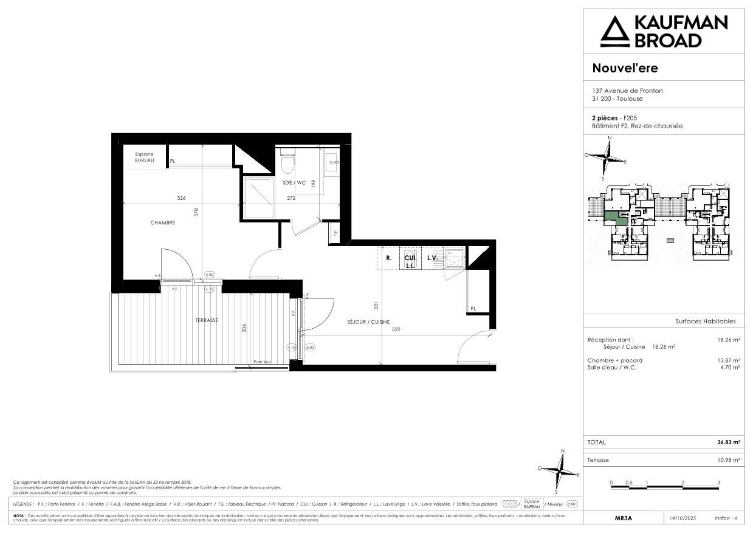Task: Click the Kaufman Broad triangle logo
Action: click(x=614, y=32)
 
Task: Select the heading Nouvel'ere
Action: click(x=625, y=68)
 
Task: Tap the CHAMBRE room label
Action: click(x=163, y=223)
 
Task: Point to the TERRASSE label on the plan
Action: click(x=207, y=320)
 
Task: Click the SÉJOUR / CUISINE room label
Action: click(x=368, y=322)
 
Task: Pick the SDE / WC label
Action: click(x=294, y=182)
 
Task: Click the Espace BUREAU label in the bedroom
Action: click(x=144, y=157)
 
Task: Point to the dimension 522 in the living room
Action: click(x=396, y=330)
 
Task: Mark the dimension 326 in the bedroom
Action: click(x=181, y=198)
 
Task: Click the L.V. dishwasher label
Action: click(x=432, y=258)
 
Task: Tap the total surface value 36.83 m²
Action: click(x=728, y=442)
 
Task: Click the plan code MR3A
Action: click(x=624, y=518)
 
